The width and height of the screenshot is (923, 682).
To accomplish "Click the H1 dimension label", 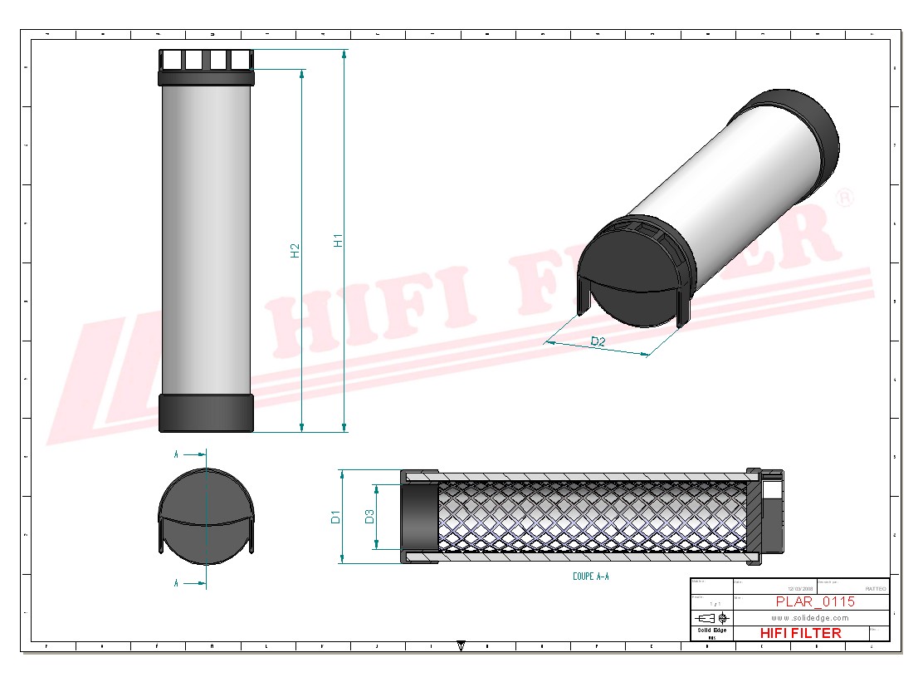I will click(x=338, y=240).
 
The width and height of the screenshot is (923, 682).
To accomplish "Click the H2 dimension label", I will click(x=295, y=250).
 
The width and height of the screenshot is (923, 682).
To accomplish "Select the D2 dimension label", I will click(x=597, y=341).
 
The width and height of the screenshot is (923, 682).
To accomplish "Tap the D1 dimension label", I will click(x=335, y=517).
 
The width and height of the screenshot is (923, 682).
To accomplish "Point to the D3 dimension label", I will click(x=370, y=517).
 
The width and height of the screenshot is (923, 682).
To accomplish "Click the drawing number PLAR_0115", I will click(x=814, y=601).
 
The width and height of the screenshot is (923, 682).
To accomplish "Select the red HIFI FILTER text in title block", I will click(x=800, y=633).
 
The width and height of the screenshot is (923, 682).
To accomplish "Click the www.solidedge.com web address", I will click(x=809, y=618).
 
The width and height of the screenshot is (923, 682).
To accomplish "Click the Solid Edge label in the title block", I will click(x=711, y=630).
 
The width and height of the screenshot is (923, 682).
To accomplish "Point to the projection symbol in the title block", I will click(x=712, y=618).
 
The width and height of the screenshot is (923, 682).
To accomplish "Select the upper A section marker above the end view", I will click(x=177, y=454).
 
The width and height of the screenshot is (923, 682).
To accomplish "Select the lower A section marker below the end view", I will click(x=177, y=584).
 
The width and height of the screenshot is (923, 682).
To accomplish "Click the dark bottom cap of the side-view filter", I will click(x=206, y=413).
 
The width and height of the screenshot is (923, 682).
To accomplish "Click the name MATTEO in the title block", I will click(x=875, y=588).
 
